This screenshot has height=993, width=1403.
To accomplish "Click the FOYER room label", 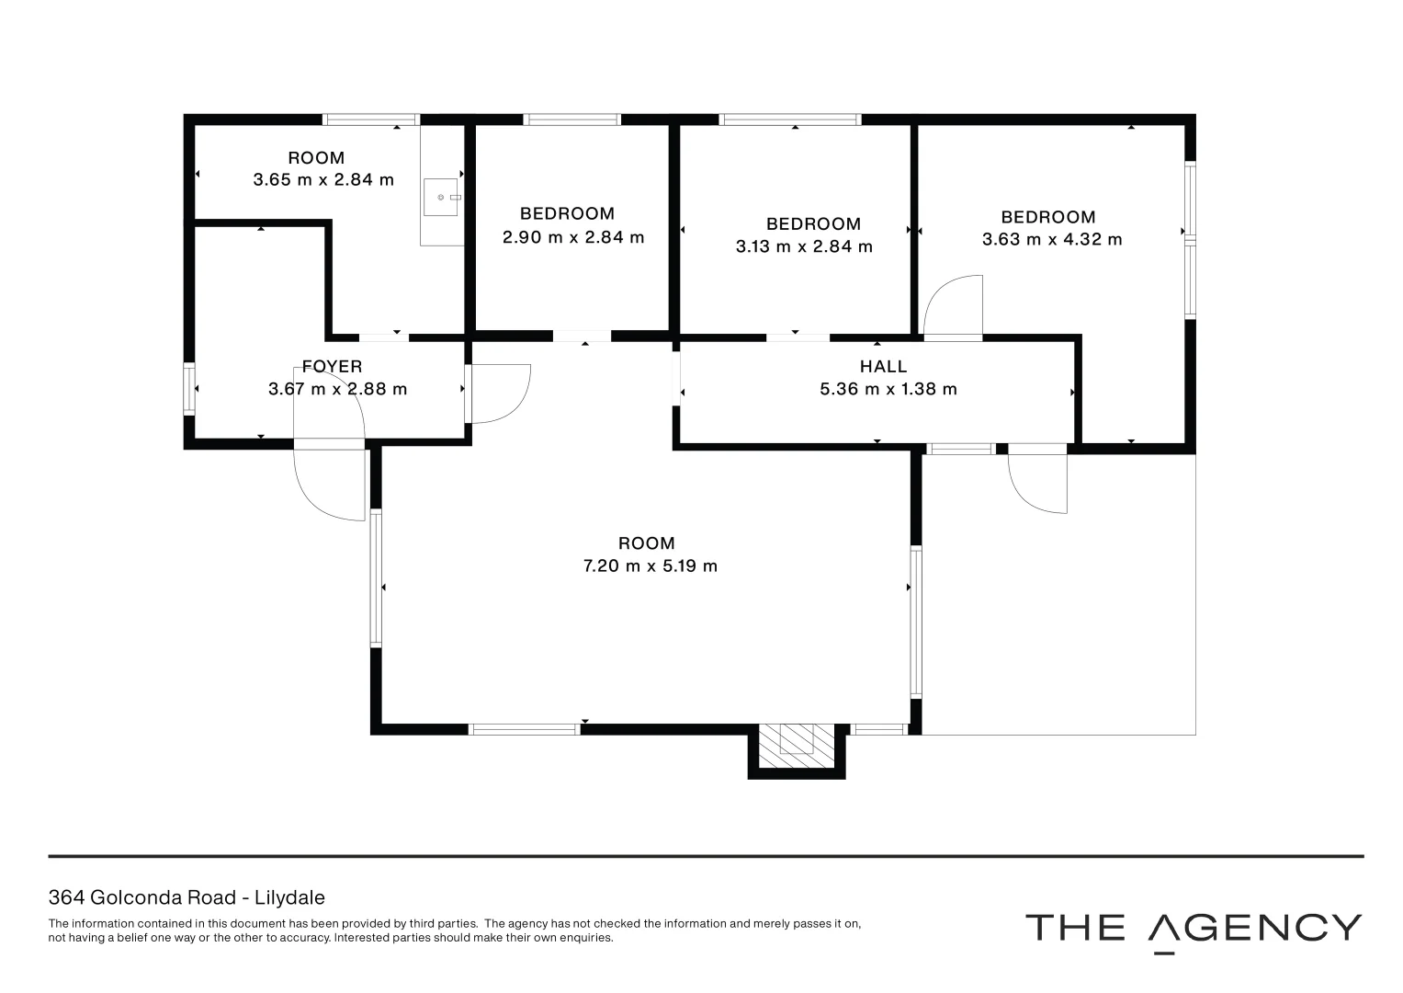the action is (x=332, y=366).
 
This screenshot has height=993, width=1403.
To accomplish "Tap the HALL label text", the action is (x=883, y=366).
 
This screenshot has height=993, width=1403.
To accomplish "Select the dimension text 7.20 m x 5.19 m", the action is (x=651, y=566).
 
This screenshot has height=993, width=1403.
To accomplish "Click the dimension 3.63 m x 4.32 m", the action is (x=1052, y=239).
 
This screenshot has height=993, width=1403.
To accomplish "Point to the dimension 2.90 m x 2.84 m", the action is (x=573, y=237).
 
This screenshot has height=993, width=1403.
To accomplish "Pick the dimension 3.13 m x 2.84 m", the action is (x=804, y=247).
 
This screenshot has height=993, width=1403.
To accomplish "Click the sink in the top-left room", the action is (x=441, y=198).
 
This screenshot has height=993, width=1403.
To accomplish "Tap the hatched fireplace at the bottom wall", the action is (x=797, y=746).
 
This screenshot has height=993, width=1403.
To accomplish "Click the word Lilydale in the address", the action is (x=289, y=897).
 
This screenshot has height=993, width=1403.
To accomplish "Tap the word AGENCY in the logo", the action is (x=1254, y=929).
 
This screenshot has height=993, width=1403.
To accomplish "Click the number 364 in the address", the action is (x=66, y=897).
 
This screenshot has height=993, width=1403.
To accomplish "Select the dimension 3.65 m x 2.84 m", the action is (x=323, y=180).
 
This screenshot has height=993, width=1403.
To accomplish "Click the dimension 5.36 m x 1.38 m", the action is (x=888, y=389).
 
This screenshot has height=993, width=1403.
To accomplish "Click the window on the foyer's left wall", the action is (x=188, y=389).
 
